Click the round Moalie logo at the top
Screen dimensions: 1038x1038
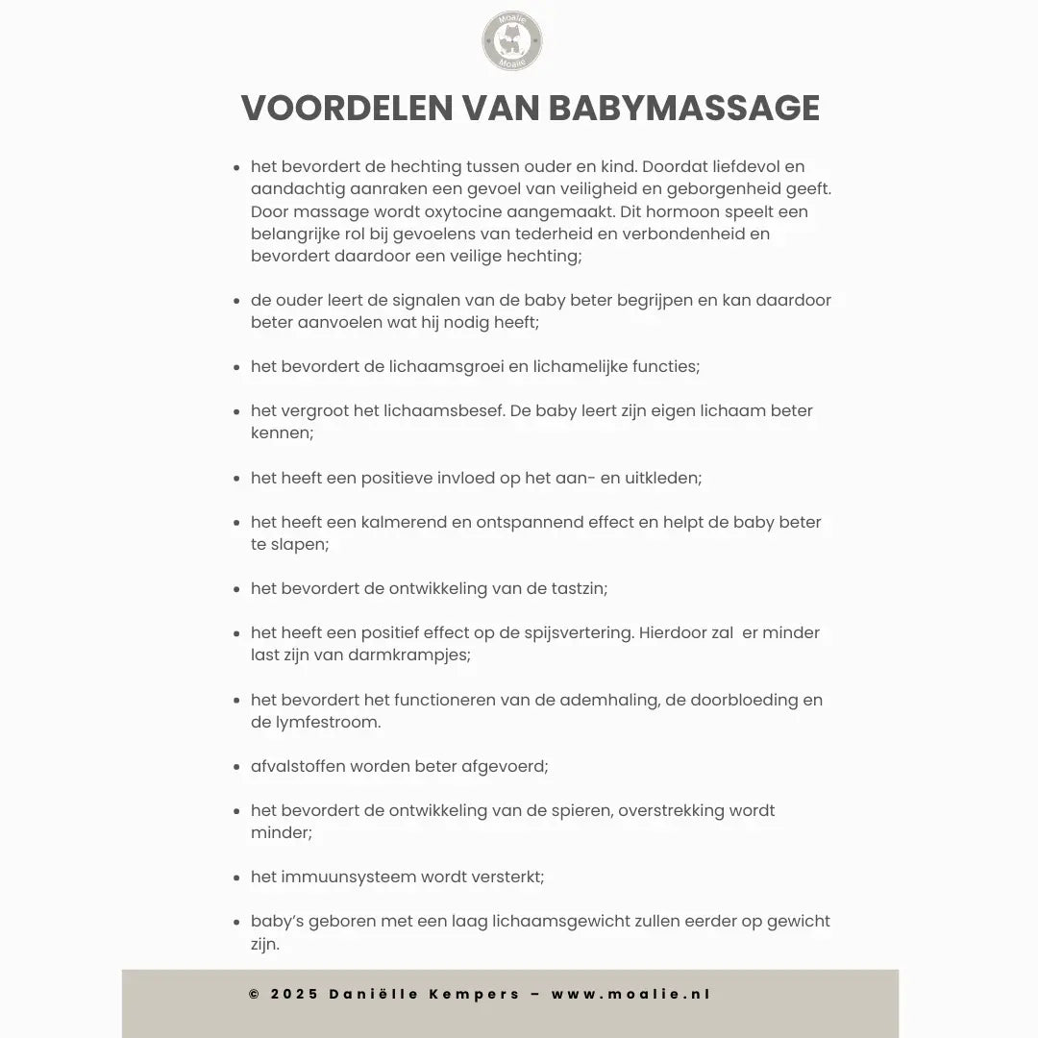[x=512, y=41]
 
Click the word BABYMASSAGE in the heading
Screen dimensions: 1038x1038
[x=684, y=109]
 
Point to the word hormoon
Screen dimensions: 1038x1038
[x=687, y=211]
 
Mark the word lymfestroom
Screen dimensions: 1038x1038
[x=326, y=722]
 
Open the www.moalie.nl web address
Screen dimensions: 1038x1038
[x=631, y=995]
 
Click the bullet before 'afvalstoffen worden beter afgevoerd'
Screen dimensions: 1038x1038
[x=236, y=767]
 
